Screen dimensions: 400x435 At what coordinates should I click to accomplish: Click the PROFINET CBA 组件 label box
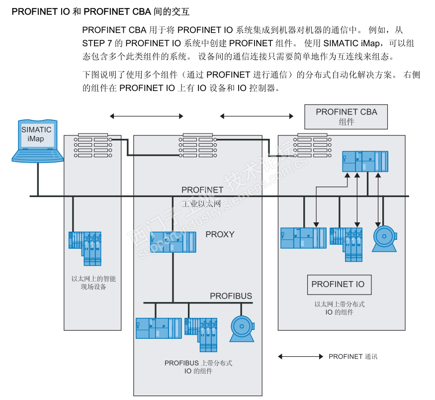click(346, 117)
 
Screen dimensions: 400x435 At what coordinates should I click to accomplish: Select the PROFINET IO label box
click(338, 285)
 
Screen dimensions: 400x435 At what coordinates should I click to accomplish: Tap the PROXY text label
click(220, 234)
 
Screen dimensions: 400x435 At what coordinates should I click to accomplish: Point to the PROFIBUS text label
click(231, 296)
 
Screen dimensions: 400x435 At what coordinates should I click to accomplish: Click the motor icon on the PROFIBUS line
click(242, 329)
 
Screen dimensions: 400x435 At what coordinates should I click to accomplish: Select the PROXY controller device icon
click(173, 241)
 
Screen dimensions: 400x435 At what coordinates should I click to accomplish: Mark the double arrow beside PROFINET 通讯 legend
click(300, 357)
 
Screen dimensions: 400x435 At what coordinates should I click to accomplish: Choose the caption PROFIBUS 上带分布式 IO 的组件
click(198, 367)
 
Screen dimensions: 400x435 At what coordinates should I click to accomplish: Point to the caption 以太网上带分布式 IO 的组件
click(340, 308)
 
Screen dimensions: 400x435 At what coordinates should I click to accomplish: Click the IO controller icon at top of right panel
click(365, 162)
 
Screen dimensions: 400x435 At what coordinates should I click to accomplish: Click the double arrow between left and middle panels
click(147, 116)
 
